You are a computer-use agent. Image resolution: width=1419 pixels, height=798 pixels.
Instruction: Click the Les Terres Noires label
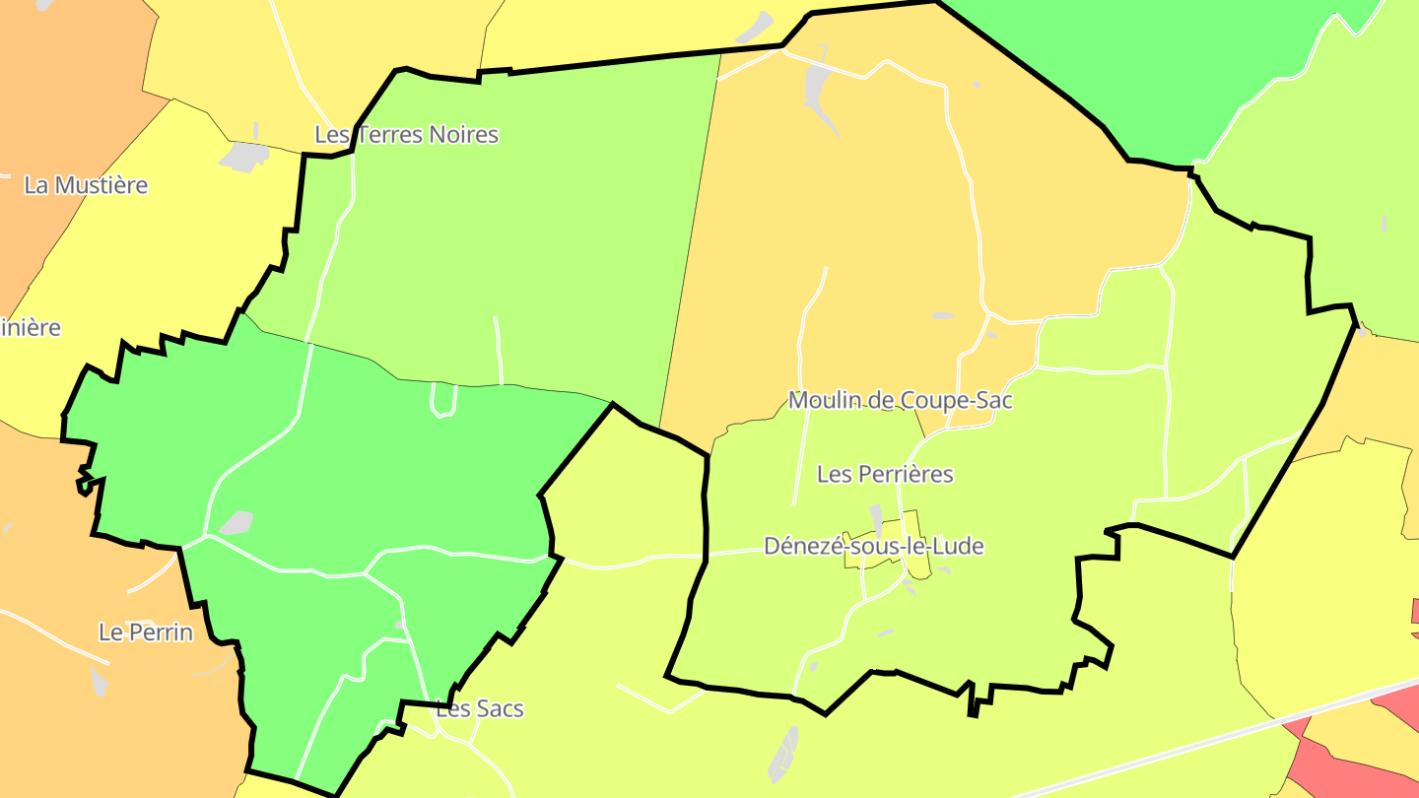tap(406, 135)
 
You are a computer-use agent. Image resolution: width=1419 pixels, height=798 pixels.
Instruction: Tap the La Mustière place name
tap(86, 185)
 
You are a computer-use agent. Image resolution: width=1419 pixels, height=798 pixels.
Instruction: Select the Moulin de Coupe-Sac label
tap(900, 400)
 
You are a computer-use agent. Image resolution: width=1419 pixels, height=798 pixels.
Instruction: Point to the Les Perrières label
tap(885, 474)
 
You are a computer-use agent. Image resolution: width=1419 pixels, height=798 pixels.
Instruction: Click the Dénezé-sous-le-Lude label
tap(873, 546)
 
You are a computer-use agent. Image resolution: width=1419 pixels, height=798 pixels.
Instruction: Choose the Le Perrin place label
tap(146, 632)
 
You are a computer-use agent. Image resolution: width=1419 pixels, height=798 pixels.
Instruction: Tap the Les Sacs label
tap(480, 708)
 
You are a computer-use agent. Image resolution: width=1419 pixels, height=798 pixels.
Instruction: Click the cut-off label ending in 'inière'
tap(30, 327)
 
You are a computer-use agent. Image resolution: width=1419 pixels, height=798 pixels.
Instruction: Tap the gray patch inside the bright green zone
tap(236, 522)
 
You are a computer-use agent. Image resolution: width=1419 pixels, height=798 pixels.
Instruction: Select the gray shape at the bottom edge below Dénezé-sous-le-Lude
tap(783, 754)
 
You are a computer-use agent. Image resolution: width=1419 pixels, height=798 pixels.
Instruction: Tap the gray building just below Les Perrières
tap(875, 516)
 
